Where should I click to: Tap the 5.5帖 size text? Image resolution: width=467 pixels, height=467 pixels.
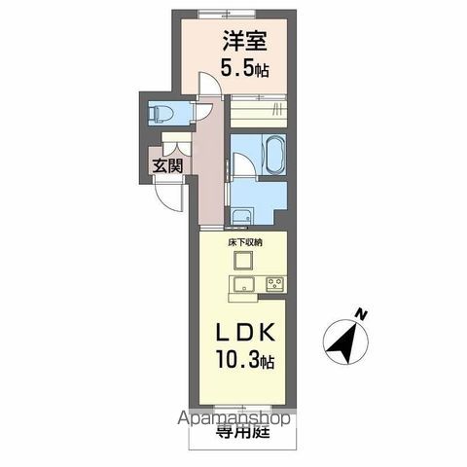[x=245, y=69]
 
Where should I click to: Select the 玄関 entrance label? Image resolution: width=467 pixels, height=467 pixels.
[x=165, y=165]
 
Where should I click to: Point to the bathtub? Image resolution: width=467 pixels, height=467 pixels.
[x=270, y=153]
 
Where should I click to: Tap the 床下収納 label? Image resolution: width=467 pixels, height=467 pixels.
[x=244, y=240]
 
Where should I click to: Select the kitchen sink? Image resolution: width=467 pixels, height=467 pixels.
[x=242, y=284]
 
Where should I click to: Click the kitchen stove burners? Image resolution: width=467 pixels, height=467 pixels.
[x=275, y=284]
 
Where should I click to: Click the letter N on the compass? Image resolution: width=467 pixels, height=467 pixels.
[x=361, y=314]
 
